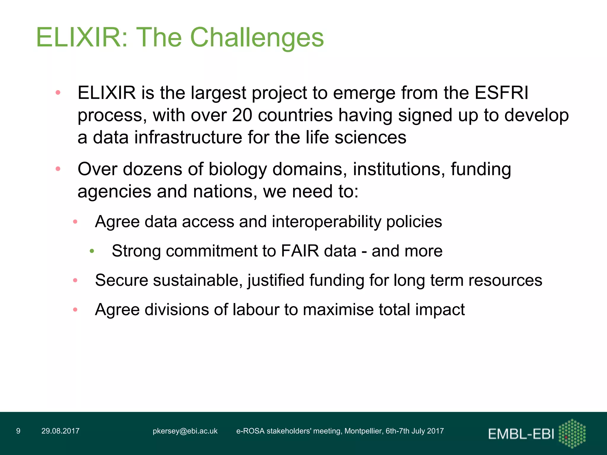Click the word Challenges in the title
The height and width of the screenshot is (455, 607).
click(x=257, y=38)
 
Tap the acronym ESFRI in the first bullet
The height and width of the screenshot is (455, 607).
click(x=501, y=93)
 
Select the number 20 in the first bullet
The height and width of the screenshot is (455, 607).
click(x=242, y=115)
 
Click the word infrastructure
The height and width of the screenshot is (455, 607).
click(x=188, y=137)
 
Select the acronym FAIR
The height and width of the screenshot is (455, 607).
click(x=300, y=251)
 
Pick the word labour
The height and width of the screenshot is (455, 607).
click(x=256, y=310)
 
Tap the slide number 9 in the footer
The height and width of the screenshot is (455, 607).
click(x=18, y=431)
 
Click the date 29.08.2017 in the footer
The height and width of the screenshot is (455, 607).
click(x=60, y=431)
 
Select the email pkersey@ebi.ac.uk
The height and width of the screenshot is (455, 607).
click(x=185, y=431)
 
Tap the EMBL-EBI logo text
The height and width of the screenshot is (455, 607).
click(x=521, y=434)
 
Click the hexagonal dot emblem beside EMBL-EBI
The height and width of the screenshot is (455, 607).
click(x=572, y=433)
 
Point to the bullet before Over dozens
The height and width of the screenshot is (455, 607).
click(x=58, y=169)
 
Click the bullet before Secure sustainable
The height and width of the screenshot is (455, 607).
click(x=75, y=280)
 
